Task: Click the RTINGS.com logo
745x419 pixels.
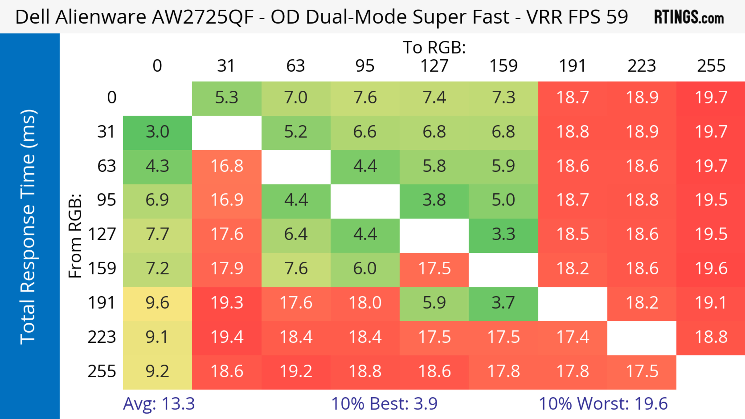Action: point(689,17)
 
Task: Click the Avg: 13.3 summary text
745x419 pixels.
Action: point(159,403)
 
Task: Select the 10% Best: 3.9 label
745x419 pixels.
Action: point(384,403)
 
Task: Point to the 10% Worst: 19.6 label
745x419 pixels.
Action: point(603,403)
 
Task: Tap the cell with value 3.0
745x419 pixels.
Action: point(157,132)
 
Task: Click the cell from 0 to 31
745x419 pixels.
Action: point(226,98)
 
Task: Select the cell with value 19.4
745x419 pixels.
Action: point(226,337)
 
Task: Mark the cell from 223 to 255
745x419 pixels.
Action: point(711,337)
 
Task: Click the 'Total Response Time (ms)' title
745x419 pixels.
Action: point(28,227)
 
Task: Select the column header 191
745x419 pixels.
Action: point(572,66)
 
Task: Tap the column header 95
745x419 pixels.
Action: point(365,66)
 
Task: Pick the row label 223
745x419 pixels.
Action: point(102,337)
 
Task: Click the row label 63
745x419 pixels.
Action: point(107,166)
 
